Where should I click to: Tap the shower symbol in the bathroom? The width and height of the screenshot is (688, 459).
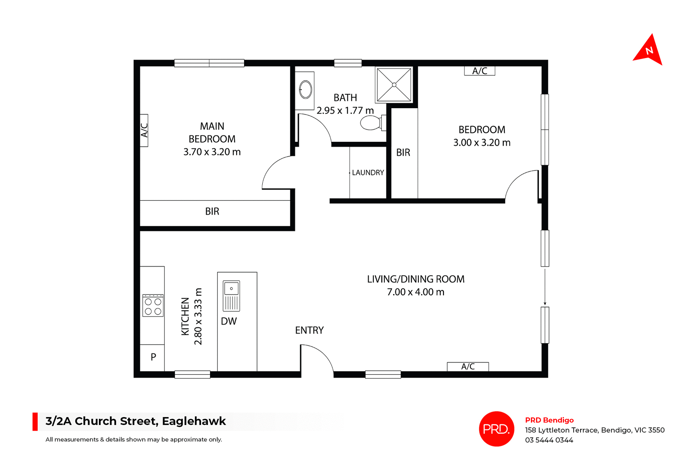(x=394, y=85)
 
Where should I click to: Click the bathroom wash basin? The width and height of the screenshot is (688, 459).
(x=305, y=90)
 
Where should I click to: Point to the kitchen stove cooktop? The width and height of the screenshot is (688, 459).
(x=153, y=306)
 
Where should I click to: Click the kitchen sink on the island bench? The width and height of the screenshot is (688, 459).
(x=231, y=296)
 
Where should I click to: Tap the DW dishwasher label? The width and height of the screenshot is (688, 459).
(x=229, y=321)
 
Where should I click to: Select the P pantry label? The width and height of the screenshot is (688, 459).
(x=153, y=357)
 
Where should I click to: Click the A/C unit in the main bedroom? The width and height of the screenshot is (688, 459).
(x=144, y=130)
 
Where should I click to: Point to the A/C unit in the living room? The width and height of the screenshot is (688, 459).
(x=468, y=367)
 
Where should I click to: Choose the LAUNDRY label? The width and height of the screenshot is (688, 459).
(x=368, y=173)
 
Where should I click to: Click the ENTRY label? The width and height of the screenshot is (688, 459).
(x=309, y=330)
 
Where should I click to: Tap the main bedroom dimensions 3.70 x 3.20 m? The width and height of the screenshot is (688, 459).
(x=212, y=152)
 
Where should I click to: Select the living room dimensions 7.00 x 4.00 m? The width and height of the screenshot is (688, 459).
(x=416, y=292)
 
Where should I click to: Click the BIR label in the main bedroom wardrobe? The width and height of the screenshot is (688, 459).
(x=212, y=211)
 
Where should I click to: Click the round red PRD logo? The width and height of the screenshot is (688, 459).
(x=496, y=429)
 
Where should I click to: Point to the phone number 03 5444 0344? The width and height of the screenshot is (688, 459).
(x=549, y=440)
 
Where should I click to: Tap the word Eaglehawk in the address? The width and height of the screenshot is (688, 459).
(x=194, y=421)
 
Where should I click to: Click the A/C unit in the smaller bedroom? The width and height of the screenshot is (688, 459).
(x=479, y=71)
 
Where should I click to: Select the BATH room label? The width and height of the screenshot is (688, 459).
(x=345, y=98)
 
